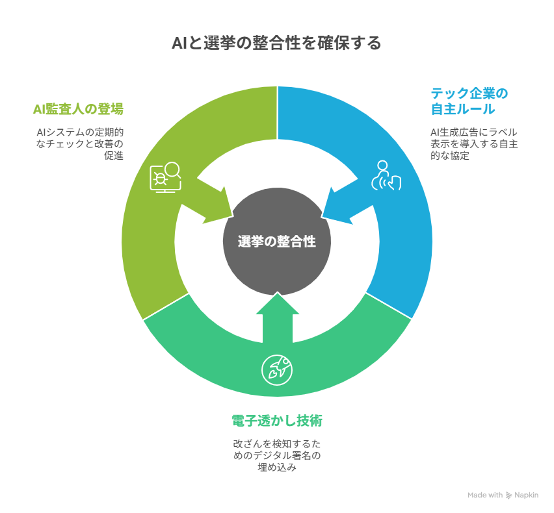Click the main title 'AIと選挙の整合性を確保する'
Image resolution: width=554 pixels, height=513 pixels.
point(276,43)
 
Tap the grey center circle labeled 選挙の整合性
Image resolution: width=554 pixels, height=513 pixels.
point(277,242)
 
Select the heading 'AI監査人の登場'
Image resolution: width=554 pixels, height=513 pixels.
point(78,109)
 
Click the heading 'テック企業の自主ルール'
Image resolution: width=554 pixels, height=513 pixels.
point(469,101)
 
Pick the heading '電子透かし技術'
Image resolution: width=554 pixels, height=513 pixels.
point(277,421)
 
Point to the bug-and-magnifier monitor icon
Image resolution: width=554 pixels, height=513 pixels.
point(165,177)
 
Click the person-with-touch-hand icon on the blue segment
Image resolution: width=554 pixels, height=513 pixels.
point(386,176)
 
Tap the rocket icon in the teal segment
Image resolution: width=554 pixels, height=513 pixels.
point(277,370)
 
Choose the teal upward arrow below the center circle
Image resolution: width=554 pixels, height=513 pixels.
point(278,318)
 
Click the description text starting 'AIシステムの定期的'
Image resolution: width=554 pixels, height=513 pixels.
point(80,144)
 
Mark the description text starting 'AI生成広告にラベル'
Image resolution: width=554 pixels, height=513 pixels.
point(474,144)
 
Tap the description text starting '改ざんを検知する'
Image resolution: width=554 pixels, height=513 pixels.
point(277,455)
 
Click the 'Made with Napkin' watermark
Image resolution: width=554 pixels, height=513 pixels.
point(503,495)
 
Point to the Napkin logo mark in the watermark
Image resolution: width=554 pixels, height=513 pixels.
point(508,495)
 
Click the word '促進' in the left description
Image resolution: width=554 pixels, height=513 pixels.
point(114,156)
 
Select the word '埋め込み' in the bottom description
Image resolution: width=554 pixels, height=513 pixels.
point(277,467)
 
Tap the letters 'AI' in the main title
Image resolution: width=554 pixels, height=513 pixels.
point(179,44)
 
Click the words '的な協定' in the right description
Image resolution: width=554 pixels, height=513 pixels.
point(450,156)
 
